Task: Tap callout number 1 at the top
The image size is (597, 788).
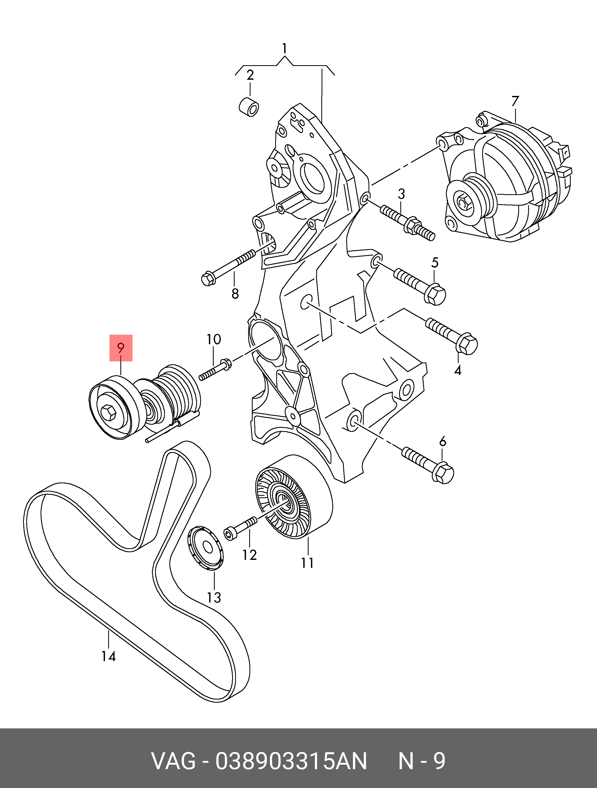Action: (x=284, y=48)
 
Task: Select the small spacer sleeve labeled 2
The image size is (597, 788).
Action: (x=249, y=107)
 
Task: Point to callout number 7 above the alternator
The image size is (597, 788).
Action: (x=515, y=101)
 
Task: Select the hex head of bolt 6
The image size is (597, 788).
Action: (x=443, y=473)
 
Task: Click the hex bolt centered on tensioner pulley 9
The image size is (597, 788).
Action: (x=108, y=413)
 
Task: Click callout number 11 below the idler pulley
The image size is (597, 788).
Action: (x=307, y=563)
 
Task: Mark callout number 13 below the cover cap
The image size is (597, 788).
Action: (x=214, y=597)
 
